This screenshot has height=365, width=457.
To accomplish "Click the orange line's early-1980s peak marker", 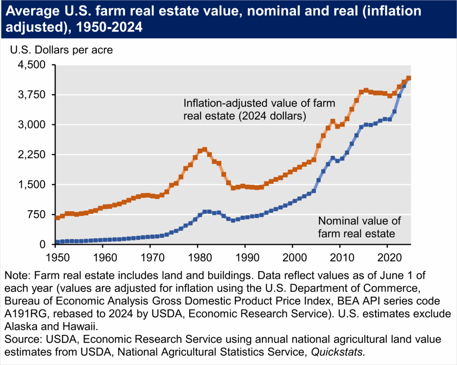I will pyautogui.click(x=204, y=149).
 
